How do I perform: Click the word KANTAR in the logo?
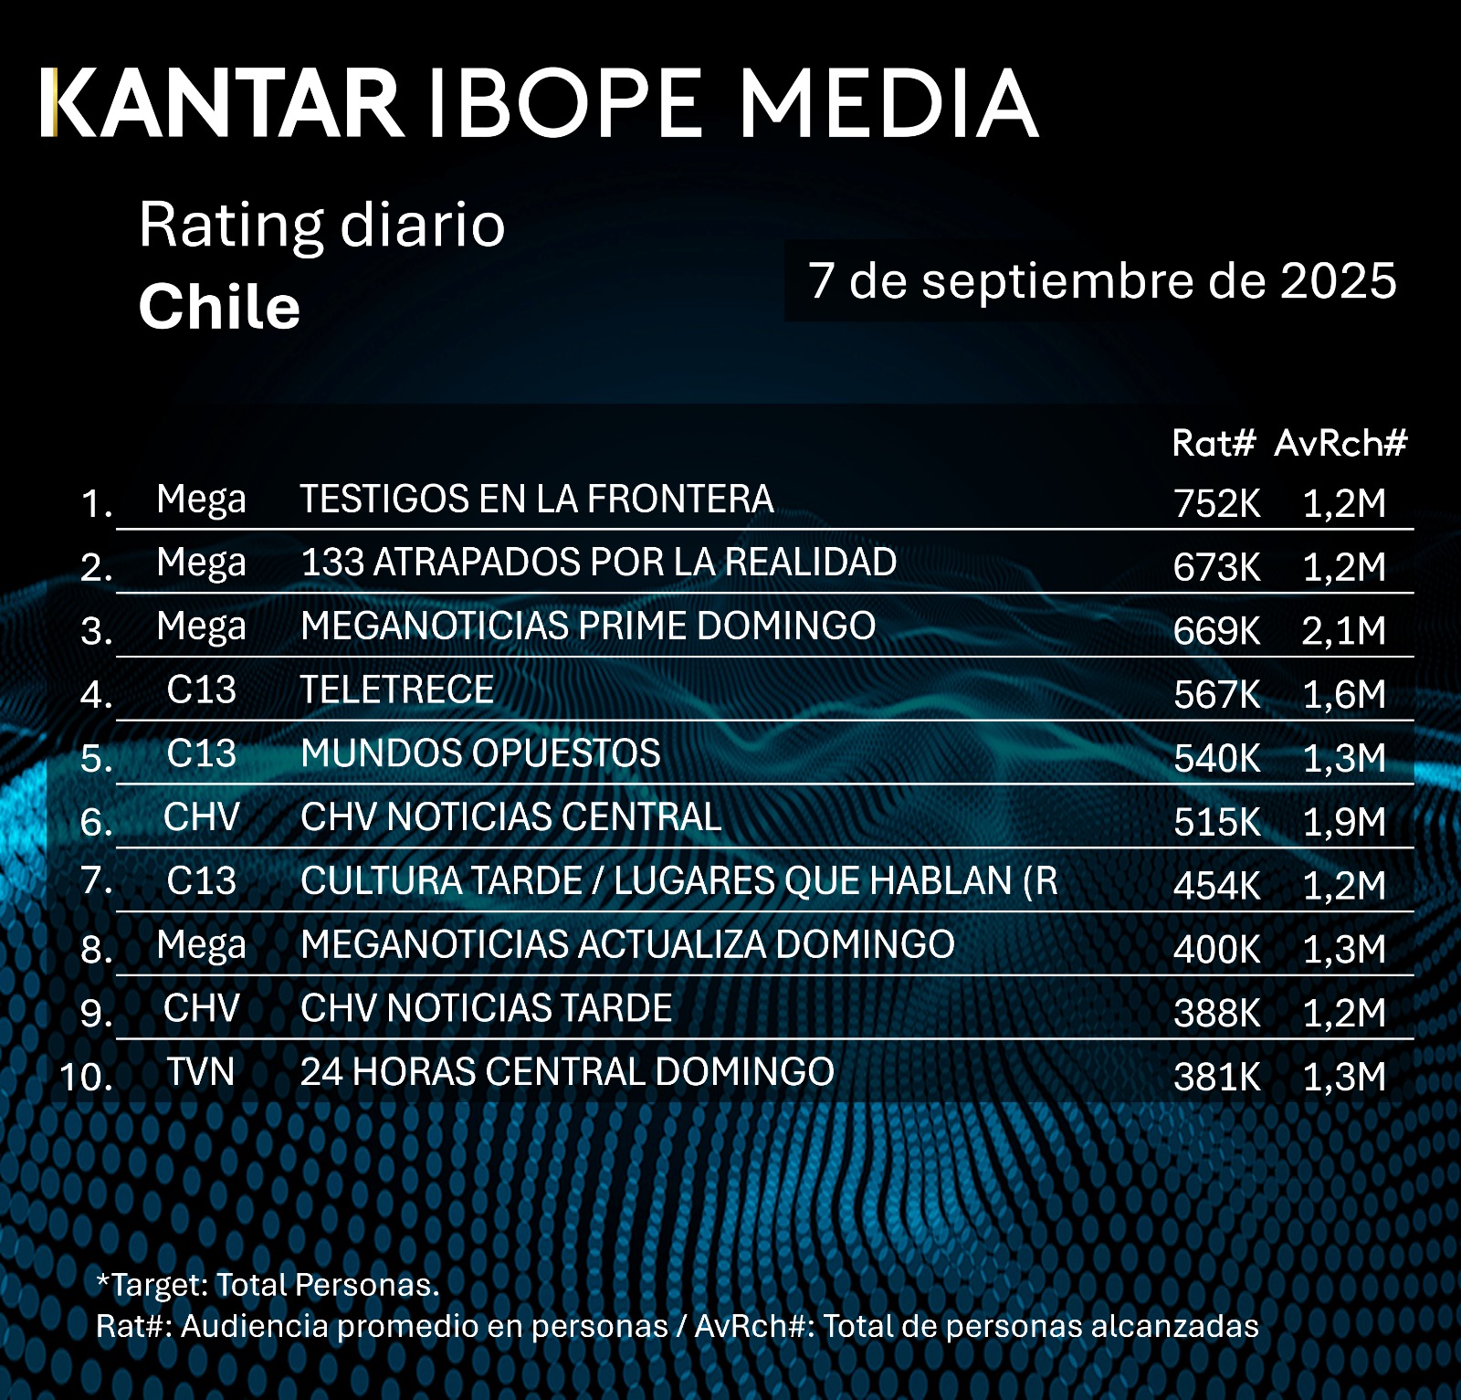(x=224, y=103)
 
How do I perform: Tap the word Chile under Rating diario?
(x=219, y=307)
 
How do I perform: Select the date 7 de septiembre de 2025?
(x=1102, y=280)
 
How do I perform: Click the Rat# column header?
(x=1214, y=444)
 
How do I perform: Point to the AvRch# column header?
(x=1340, y=444)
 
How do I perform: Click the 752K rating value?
(x=1216, y=503)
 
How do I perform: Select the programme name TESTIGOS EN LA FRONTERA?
(x=537, y=500)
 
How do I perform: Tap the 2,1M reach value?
(x=1343, y=631)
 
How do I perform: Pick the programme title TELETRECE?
(x=397, y=689)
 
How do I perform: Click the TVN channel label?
(x=201, y=1072)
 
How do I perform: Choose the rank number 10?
(x=87, y=1077)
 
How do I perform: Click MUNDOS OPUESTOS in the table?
(x=480, y=754)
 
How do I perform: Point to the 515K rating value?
(x=1216, y=822)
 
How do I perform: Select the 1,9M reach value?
(x=1343, y=822)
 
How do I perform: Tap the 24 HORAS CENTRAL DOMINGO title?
(x=567, y=1072)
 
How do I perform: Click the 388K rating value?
(x=1216, y=1013)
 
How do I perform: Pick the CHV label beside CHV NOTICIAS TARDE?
(x=201, y=1008)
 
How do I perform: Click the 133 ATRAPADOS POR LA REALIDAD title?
(x=598, y=563)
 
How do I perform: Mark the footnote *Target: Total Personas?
(x=268, y=1285)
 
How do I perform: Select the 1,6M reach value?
(x=1343, y=695)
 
